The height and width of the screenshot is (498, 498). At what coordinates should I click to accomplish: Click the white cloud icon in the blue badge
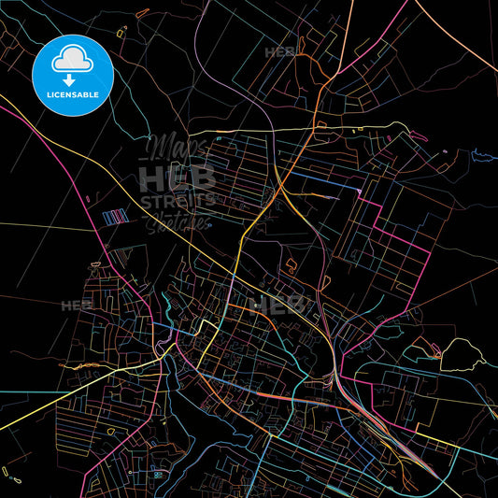[71, 59]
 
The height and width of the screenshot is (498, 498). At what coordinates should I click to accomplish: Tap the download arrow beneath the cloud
[71, 79]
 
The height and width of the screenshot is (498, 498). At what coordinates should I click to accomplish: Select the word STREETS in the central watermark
[178, 200]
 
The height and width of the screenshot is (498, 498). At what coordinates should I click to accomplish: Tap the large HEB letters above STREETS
[178, 178]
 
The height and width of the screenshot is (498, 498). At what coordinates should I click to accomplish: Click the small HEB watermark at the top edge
[279, 52]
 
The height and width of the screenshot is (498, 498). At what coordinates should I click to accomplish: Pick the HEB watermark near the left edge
[76, 305]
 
